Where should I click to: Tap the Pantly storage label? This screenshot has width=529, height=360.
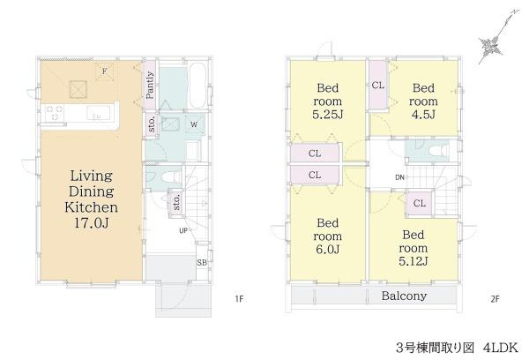(x=150, y=85)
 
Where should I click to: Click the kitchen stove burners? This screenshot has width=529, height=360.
(x=55, y=113)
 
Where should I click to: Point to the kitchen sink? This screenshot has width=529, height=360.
(x=98, y=113)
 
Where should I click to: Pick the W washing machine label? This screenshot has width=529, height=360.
(x=194, y=124)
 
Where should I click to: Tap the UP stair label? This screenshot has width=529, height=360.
(x=183, y=231)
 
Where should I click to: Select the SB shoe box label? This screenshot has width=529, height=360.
(x=202, y=262)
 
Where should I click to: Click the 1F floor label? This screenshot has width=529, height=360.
(x=239, y=299)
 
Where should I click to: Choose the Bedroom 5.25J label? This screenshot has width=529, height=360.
(x=327, y=101)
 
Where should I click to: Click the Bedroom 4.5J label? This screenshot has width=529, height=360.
(x=423, y=101)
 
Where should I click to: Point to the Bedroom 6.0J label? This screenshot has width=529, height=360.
(x=327, y=236)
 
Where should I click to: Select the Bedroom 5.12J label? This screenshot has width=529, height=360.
(x=414, y=248)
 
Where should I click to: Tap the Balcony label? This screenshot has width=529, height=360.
(x=404, y=296)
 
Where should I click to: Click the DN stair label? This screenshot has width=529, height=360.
(x=399, y=177)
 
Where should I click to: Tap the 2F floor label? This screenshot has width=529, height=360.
(x=495, y=299)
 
